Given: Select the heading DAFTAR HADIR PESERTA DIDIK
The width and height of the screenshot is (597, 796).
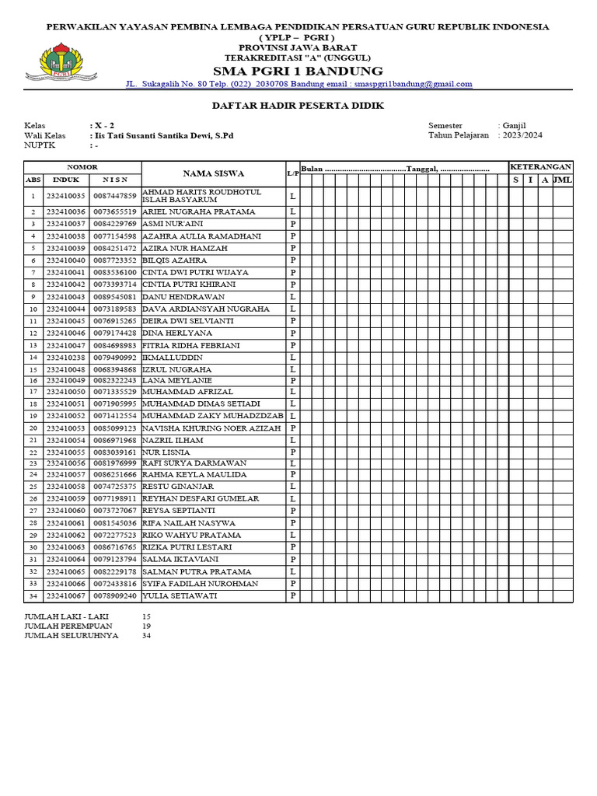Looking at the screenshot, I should point(298,106).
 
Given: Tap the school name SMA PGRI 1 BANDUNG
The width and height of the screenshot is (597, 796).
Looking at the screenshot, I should point(298,71).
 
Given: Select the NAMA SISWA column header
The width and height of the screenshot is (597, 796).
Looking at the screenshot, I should point(213,173).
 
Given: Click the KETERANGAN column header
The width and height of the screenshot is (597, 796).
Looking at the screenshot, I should point(540,167).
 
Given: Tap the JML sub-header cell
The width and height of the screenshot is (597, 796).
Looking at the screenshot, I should point(562,180).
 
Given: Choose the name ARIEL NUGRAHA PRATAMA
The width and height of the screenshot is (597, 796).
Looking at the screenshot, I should point(198,211).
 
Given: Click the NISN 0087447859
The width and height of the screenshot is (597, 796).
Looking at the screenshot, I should point(114,196).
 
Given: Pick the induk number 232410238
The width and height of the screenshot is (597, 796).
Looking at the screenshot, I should point(65,358).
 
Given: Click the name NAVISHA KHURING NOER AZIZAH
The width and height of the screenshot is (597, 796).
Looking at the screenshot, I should point(211,428).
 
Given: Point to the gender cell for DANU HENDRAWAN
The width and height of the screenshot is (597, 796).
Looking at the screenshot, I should point(293,297).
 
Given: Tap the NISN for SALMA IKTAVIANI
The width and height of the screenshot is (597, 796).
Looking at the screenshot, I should point(114,560).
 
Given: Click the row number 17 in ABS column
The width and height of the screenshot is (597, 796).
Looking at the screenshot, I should point(33,393).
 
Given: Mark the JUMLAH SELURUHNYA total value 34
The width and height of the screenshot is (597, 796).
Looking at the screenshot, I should point(146,636).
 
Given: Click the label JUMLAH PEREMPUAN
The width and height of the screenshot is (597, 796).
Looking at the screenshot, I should point(68,626).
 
